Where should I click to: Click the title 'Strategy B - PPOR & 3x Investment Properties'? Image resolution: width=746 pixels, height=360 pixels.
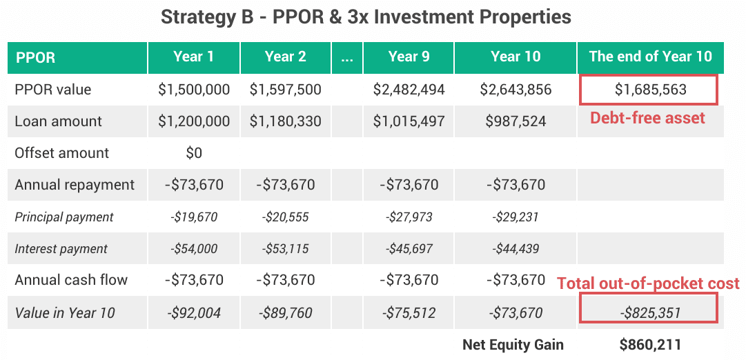[x=366, y=17]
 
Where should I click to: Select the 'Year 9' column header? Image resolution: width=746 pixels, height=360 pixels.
[x=409, y=57]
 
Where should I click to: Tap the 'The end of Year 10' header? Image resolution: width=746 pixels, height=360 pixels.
[x=650, y=57]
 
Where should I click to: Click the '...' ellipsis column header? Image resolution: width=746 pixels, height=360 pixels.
[x=347, y=57]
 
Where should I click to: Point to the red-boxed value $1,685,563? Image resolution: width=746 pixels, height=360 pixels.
[x=649, y=90]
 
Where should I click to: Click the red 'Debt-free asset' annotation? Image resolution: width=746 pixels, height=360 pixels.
[x=647, y=118]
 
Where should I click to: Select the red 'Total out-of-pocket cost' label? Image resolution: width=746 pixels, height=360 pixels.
[x=648, y=283]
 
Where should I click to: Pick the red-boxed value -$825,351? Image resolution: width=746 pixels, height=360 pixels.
[x=649, y=313]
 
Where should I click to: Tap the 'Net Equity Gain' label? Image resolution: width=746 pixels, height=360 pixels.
[x=513, y=344]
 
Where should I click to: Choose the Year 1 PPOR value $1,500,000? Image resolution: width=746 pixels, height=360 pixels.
[x=194, y=90]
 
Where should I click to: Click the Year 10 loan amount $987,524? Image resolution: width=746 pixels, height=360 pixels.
[x=516, y=121]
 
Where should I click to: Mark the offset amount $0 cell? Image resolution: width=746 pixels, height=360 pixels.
[x=194, y=153]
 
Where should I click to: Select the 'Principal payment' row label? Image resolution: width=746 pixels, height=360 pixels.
[x=64, y=217]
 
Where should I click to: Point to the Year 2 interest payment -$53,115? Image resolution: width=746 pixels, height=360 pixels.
[x=285, y=249]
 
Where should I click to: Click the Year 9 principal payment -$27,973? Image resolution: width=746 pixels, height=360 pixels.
[x=409, y=217]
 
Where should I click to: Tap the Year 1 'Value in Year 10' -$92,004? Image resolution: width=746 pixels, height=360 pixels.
[x=194, y=313]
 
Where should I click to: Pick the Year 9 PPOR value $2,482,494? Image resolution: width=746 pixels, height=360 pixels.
[x=409, y=90]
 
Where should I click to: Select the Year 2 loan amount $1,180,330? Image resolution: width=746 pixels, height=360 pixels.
[x=285, y=121]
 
